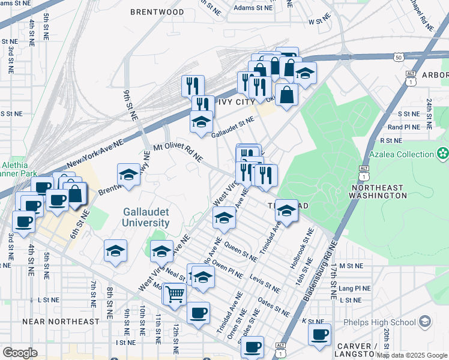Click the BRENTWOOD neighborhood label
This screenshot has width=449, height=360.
[x=157, y=12]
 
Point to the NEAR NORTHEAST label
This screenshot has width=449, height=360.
[x=61, y=322]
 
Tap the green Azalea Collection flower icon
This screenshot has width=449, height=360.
[x=443, y=154]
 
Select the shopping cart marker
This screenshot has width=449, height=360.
[x=175, y=295]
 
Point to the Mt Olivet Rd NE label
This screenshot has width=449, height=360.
[x=178, y=152]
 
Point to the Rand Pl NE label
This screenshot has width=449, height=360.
[x=403, y=127]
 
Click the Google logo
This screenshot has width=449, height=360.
[x=20, y=353]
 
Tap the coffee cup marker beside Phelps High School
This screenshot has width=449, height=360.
[x=320, y=334]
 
